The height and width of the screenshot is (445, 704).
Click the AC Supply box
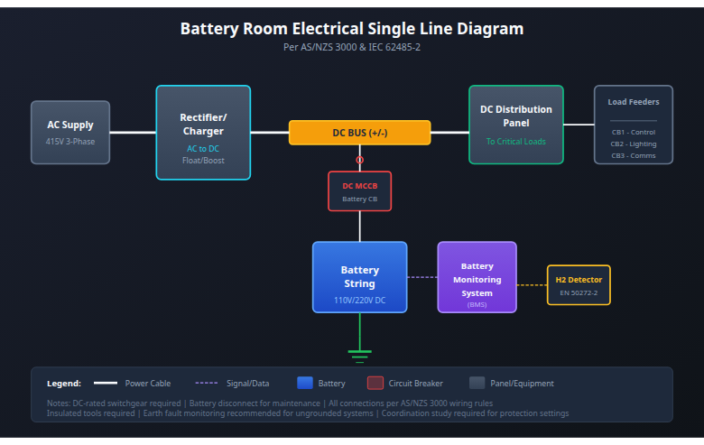[x=70, y=132]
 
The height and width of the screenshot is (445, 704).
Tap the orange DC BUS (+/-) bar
[x=359, y=133]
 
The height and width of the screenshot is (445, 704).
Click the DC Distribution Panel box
[x=515, y=125]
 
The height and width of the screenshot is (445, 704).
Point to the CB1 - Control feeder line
[x=633, y=132]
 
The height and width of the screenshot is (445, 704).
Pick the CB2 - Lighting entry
[x=633, y=144]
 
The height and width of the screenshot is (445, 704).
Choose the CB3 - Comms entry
[x=633, y=155]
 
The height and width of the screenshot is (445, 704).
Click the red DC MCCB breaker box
[x=359, y=191]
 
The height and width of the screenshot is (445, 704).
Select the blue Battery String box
[x=359, y=276]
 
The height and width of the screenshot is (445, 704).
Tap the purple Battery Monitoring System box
[x=477, y=276]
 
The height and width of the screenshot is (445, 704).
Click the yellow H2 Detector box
[x=579, y=284]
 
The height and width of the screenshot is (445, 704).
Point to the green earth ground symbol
[x=359, y=353]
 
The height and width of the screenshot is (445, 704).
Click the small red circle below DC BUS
[x=359, y=160]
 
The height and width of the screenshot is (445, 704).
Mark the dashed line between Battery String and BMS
[x=421, y=277]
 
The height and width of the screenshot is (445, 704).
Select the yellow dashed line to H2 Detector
[x=532, y=285]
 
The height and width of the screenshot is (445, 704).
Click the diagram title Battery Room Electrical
[x=351, y=29]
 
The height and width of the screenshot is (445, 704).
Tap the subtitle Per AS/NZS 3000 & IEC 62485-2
[x=351, y=47]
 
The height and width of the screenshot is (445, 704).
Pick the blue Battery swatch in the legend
[x=304, y=383]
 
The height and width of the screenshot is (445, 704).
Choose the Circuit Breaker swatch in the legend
[x=375, y=383]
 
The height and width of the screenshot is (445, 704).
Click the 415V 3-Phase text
[x=70, y=142]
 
